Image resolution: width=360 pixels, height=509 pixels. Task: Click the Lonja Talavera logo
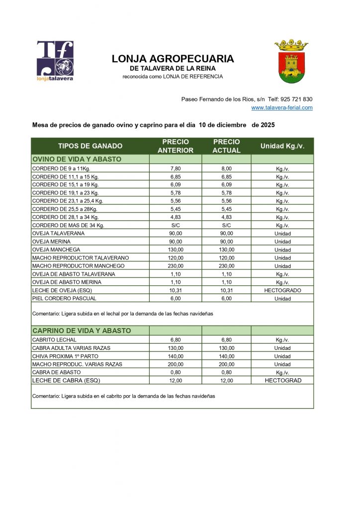tap(55, 61)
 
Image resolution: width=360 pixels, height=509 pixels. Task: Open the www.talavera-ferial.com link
tap(281, 107)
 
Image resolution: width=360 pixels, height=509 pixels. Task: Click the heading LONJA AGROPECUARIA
tap(173, 59)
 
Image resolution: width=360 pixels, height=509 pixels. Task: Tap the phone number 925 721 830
tap(297, 99)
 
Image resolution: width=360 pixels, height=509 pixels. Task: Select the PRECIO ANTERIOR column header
tap(176, 146)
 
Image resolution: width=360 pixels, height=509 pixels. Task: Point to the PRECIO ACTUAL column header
tap(226, 146)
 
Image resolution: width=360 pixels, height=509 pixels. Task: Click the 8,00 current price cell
tap(226, 169)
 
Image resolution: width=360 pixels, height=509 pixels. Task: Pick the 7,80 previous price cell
tap(176, 169)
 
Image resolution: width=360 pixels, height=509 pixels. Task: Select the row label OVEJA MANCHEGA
tap(56, 250)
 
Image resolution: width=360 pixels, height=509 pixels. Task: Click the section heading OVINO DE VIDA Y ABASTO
tap(77, 159)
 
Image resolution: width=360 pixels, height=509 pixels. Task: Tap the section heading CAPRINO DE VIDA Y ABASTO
tap(82, 331)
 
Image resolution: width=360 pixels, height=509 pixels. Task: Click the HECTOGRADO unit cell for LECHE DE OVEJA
tap(282, 290)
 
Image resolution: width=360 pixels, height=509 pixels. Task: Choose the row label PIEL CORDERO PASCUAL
tap(64, 298)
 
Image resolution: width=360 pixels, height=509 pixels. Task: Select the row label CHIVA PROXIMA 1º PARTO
tap(65, 356)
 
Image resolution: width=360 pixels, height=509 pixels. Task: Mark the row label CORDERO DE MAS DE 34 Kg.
tap(68, 225)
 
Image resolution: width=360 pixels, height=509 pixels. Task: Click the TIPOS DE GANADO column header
tap(90, 146)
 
